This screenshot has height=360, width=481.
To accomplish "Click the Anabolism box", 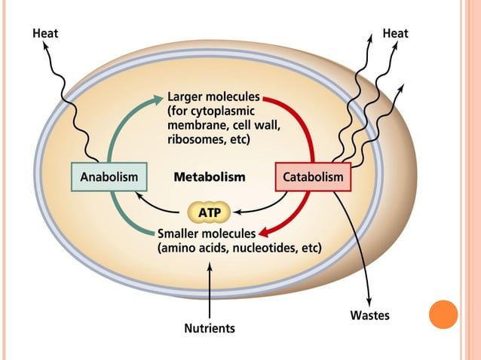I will click(109, 177).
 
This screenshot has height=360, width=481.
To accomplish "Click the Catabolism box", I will click(313, 178).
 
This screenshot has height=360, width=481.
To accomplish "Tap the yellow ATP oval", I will click(209, 213).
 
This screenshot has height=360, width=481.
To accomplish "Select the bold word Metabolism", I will click(210, 178).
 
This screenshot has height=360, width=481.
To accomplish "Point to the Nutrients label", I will click(210, 328).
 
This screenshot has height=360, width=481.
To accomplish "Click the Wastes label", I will click(369, 316).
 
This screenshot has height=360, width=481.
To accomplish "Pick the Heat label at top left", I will click(45, 33).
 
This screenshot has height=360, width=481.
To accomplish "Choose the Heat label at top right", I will click(396, 33).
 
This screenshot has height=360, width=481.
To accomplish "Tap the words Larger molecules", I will click(213, 97).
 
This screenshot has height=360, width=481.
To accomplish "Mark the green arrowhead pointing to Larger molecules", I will click(158, 97).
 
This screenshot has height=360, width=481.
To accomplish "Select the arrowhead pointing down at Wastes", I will click(369, 300).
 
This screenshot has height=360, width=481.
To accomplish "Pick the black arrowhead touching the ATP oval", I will click(234, 213).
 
